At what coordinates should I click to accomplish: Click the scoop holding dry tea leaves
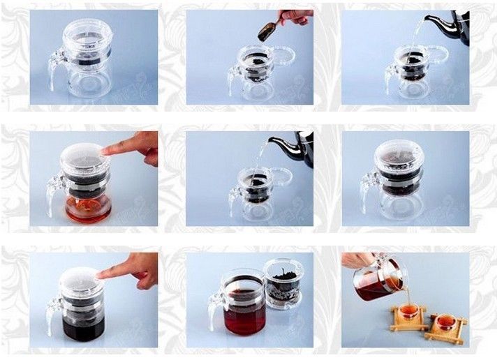pyautogui.click(x=266, y=31)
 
